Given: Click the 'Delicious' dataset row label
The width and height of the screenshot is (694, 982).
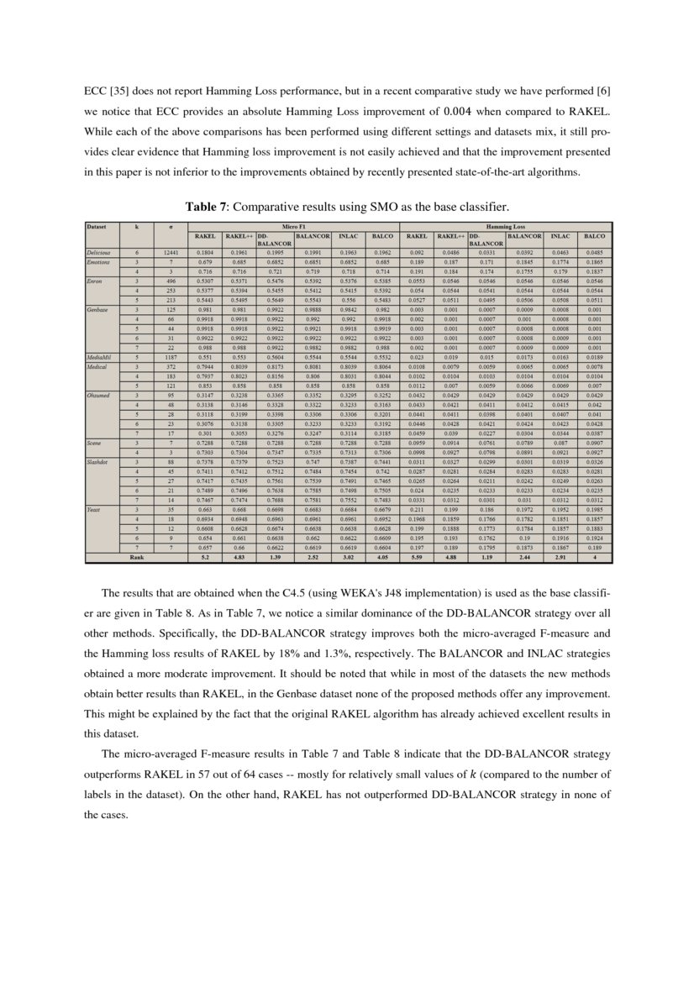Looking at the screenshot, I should click(100, 252).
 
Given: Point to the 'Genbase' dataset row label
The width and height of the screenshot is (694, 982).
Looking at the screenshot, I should click(98, 310).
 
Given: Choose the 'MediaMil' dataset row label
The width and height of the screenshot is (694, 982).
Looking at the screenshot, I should click(99, 358).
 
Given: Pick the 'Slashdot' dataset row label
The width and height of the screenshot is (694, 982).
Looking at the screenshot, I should click(99, 461).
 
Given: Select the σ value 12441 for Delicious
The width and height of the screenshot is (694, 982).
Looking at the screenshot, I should click(171, 252).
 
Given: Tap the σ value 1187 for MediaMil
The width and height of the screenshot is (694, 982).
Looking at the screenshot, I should click(171, 358).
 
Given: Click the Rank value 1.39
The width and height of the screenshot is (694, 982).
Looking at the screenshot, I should click(270, 557).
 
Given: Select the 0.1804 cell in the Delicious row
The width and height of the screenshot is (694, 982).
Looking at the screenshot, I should click(204, 252).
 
